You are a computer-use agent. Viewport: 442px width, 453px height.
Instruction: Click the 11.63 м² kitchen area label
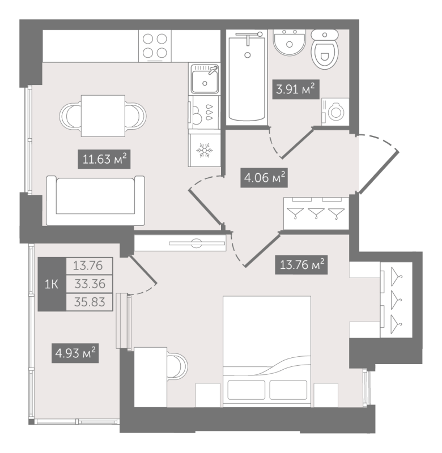click(104, 159)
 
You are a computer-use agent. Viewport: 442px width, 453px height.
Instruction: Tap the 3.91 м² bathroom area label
click(296, 89)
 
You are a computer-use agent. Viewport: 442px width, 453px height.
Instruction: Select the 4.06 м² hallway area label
click(264, 178)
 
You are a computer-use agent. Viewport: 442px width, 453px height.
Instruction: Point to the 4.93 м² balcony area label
click(75, 353)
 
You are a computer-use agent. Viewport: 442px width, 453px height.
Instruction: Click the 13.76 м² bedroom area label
click(301, 264)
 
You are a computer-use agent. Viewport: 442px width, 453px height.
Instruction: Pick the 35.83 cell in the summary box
click(90, 302)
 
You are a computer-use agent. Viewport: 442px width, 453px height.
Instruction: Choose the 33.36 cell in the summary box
click(90, 284)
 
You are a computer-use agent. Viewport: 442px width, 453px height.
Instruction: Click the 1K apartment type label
click(52, 284)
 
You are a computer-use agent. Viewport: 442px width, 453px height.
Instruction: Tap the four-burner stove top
click(155, 46)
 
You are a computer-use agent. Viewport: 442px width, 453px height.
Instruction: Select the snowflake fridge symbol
click(205, 150)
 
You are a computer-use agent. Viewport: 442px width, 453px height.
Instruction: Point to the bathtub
click(247, 78)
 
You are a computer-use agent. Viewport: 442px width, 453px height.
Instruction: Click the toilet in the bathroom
click(325, 49)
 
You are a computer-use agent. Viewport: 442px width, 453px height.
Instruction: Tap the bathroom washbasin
click(290, 42)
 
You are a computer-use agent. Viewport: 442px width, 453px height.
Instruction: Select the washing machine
click(335, 112)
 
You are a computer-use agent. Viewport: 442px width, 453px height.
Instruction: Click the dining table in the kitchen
click(103, 116)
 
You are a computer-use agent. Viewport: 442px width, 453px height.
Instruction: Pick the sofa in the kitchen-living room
click(95, 200)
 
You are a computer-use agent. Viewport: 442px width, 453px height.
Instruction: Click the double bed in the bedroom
click(267, 351)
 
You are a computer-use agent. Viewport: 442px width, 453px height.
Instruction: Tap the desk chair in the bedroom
click(177, 365)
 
